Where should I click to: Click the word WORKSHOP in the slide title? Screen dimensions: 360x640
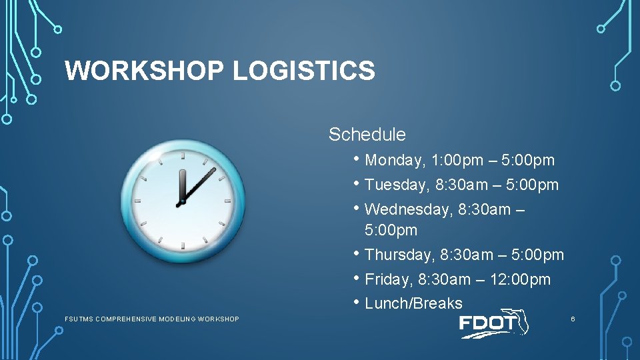(x=145, y=70)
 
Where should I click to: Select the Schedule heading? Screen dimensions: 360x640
(x=367, y=135)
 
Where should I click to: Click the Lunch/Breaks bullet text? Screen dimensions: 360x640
(x=413, y=303)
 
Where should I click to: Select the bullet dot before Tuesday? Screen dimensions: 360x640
(x=359, y=183)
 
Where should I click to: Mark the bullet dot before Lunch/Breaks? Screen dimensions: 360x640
(x=359, y=302)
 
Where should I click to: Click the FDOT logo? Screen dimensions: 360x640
(x=493, y=325)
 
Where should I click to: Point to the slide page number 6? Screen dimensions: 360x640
(x=572, y=319)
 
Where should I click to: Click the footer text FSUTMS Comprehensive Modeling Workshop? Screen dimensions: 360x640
(x=151, y=319)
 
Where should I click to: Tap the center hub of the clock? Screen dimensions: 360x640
(x=181, y=201)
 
